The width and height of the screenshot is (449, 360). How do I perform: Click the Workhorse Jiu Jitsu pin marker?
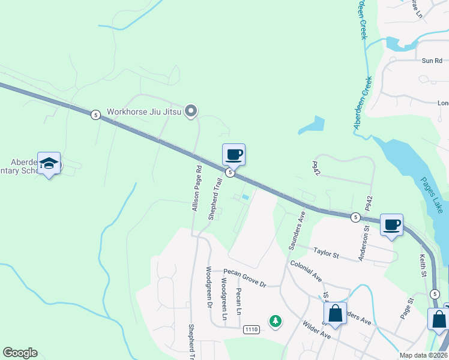tap(191, 110)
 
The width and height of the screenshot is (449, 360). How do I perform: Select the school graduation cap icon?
tap(49, 163)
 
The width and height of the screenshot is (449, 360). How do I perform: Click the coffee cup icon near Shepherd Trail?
tap(234, 155)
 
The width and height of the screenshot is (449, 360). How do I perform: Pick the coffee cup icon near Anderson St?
tap(391, 224)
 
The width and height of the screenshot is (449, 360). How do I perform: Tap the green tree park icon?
tap(276, 321)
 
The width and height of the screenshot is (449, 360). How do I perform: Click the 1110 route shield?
tap(252, 330)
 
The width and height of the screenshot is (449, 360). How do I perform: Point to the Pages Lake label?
tap(431, 194)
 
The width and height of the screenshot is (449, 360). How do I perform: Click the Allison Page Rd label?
tap(196, 189)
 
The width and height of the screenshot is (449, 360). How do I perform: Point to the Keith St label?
tap(422, 263)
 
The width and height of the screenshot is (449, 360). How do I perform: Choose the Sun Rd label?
tap(432, 61)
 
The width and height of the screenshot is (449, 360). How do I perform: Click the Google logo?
tap(20, 353)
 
